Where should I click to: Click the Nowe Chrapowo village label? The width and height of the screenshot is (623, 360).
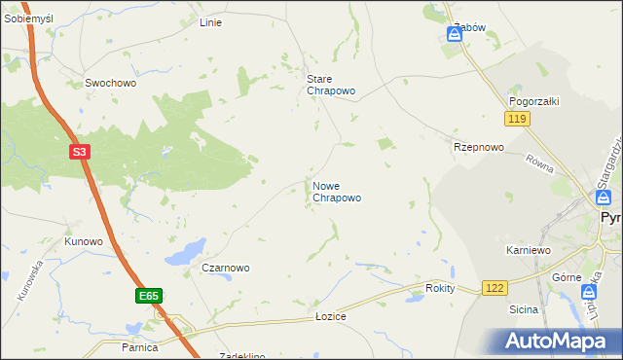(337, 191)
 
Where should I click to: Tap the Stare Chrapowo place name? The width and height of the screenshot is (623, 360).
(331, 85)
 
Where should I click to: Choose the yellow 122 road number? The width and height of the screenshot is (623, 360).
(495, 288)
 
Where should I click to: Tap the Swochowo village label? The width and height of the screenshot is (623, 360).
(111, 84)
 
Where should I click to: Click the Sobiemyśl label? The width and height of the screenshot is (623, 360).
(28, 19)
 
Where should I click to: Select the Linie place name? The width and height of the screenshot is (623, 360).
(210, 22)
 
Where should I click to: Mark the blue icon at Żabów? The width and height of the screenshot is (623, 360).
(454, 35)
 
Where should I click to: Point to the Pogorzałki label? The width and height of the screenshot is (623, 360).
(531, 101)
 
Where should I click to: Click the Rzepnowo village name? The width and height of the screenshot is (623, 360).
(479, 147)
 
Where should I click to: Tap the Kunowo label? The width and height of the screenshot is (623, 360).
(84, 240)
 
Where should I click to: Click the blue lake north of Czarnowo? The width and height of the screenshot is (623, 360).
(185, 252)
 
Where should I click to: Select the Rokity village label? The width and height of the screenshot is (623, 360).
(441, 289)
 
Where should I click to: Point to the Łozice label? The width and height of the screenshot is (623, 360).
(331, 317)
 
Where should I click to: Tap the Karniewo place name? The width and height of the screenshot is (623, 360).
(529, 250)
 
